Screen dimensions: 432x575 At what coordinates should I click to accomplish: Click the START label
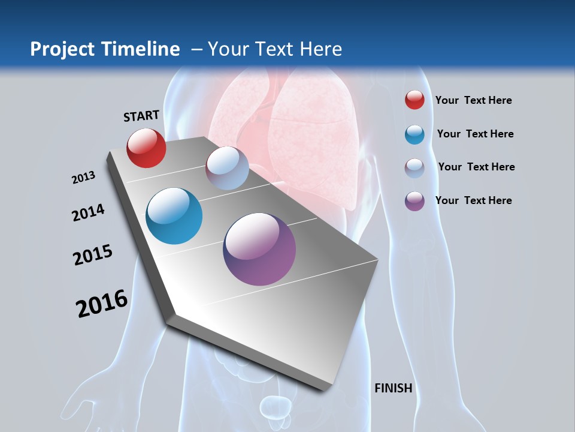[x=141, y=116]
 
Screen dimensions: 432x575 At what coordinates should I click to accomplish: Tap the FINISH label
[x=393, y=388]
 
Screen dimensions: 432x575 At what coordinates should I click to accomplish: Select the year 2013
[x=84, y=178]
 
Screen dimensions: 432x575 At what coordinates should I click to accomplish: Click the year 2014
[x=88, y=212]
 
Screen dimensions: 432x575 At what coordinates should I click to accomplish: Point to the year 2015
[x=93, y=255]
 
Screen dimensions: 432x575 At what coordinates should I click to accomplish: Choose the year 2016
[x=102, y=304]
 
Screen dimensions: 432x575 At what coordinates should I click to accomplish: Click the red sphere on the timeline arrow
[x=146, y=148]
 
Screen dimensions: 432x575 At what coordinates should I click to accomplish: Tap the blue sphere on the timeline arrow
[x=174, y=216]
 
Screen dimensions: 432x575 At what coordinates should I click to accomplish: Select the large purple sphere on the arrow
[x=259, y=249]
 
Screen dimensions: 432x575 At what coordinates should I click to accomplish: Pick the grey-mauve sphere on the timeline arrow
[x=227, y=168]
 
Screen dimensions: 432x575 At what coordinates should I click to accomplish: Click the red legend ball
[x=414, y=100]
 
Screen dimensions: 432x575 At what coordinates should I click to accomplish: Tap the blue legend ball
[x=414, y=134]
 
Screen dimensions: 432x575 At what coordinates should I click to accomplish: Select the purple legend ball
[x=414, y=201]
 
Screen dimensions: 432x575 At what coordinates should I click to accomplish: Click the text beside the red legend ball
[x=473, y=100]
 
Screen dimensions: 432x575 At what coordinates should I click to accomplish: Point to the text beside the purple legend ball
[x=473, y=200]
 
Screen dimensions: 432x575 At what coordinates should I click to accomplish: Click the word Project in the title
[x=61, y=49]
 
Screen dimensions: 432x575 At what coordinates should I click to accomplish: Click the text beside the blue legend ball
[x=475, y=134]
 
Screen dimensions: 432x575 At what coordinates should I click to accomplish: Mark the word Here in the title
[x=321, y=49]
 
